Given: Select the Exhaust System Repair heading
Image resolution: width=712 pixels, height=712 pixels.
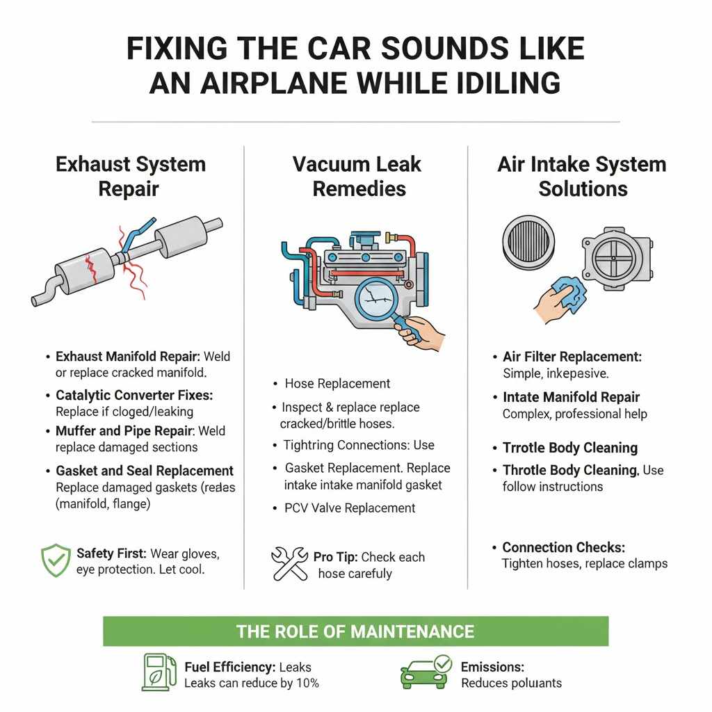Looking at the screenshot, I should click(130, 177).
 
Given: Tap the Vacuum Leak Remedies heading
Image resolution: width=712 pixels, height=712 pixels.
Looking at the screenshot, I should click(357, 177).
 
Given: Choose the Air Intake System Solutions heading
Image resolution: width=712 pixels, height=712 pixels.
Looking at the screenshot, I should click(582, 177).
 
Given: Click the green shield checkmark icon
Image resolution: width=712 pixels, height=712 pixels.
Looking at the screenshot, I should click(56, 560).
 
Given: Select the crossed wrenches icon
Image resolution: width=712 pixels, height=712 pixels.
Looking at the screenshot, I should click(289, 564).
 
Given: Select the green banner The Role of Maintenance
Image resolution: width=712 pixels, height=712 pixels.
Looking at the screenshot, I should click(355, 631).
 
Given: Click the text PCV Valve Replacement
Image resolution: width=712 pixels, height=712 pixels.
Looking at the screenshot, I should click(350, 508).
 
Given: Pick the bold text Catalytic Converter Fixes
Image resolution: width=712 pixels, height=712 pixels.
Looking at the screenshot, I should click(134, 394).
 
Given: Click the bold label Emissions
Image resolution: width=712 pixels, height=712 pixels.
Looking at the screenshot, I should click(492, 667).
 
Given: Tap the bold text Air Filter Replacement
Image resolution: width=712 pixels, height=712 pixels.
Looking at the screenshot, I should click(572, 357).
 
